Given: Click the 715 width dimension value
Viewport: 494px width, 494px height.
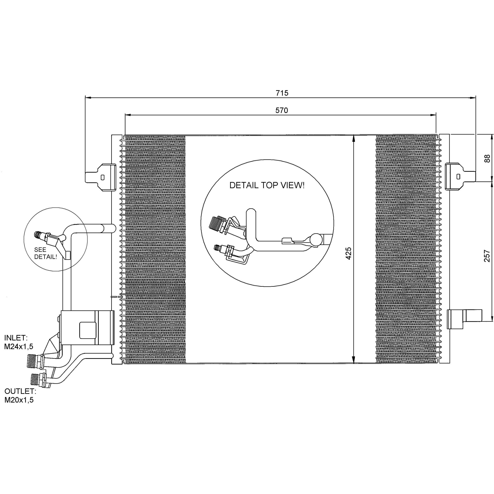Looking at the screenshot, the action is coord(282,93).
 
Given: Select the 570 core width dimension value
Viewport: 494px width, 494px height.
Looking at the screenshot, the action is coord(282,110).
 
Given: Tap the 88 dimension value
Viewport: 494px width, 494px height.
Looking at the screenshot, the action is coord(487,158).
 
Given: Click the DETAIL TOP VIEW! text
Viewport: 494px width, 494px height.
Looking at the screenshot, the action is coord(267,185).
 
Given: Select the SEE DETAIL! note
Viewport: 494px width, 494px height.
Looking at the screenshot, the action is coord(46,253).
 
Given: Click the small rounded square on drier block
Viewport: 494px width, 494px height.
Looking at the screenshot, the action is coord(88,330).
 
